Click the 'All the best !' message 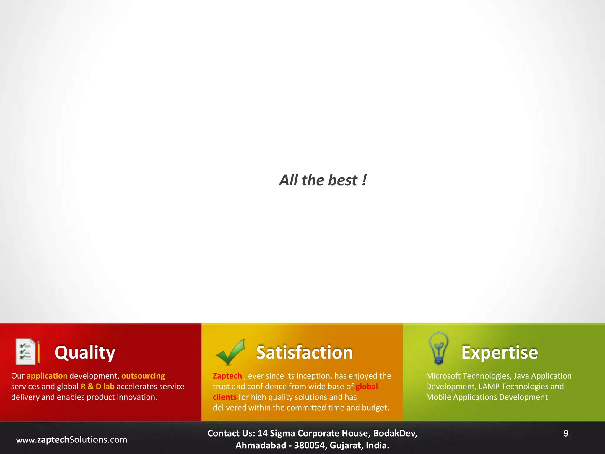(x=323, y=180)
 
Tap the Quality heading (x=85, y=352)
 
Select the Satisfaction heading (x=304, y=352)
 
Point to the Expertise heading (x=500, y=352)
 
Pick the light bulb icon (x=439, y=348)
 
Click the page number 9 (x=566, y=433)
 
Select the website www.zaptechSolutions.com (x=71, y=440)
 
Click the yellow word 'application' (x=47, y=376)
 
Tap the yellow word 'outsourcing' (x=143, y=376)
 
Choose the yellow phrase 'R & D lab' (x=97, y=387)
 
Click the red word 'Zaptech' (x=227, y=376)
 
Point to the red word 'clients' (x=225, y=397)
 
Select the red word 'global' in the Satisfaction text (x=367, y=387)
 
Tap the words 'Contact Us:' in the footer (x=231, y=433)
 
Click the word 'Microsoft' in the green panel (x=443, y=376)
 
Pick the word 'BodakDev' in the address (x=394, y=433)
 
